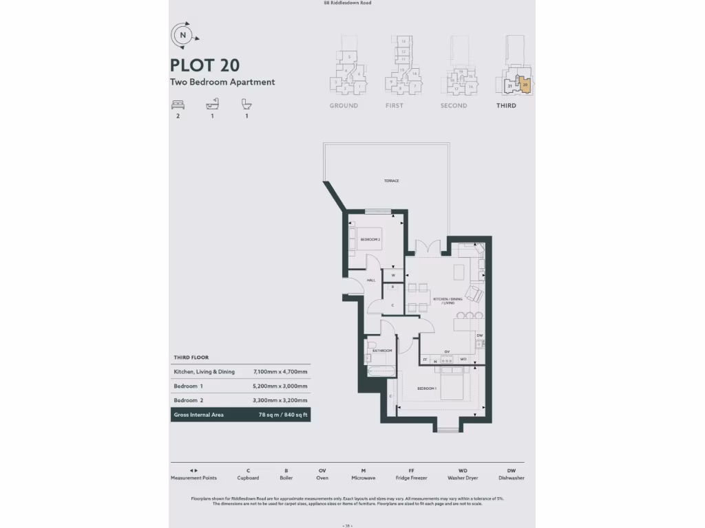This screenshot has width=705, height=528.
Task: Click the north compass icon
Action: coord(182,34)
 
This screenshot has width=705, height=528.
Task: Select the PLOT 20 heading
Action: coord(205,65)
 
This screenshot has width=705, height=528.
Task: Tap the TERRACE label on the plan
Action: coord(392,181)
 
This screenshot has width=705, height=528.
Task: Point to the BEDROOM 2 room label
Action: coord(370,239)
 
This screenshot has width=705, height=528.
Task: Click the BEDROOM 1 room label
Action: coord(427,388)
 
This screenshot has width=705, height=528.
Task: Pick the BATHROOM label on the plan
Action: coord(383,351)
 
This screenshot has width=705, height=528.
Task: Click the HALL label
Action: coord(370,280)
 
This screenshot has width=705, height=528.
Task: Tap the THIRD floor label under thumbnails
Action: coord(506,106)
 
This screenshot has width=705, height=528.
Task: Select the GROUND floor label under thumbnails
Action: coord(344,106)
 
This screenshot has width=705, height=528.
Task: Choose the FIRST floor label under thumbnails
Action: coord(394,106)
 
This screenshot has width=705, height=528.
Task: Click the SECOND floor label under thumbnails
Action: coord(454,106)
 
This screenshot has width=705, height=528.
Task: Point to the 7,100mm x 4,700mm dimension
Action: coord(280,372)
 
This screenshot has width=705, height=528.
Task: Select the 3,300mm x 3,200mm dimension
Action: coord(280,400)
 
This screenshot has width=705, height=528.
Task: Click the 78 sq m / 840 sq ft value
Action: coord(282,415)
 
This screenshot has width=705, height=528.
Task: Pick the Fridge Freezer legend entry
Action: coord(411,474)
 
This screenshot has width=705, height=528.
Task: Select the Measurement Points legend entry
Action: coord(193,474)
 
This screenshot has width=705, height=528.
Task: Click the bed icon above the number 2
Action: coord(178,104)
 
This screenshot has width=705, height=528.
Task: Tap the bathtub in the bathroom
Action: coord(380,372)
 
